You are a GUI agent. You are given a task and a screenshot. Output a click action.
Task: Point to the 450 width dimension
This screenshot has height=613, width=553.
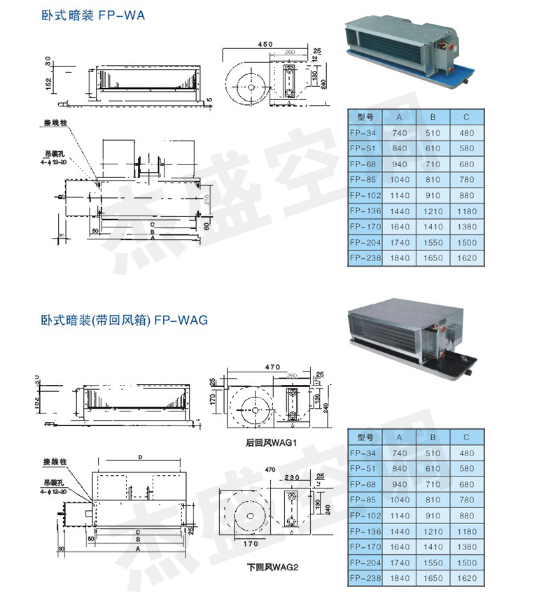pyautogui.click(x=265, y=45)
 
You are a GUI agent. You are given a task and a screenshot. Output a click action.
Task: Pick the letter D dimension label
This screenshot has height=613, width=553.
pyautogui.click(x=141, y=457)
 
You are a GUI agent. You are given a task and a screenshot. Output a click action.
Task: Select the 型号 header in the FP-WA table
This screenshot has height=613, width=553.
pyautogui.click(x=365, y=118)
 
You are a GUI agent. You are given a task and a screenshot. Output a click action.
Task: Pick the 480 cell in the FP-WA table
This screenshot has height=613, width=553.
pyautogui.click(x=467, y=133)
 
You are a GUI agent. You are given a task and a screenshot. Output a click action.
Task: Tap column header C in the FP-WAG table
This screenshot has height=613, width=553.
pyautogui.click(x=467, y=437)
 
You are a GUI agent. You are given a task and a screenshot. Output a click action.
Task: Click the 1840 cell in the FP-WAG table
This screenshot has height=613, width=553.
pyautogui.click(x=400, y=578)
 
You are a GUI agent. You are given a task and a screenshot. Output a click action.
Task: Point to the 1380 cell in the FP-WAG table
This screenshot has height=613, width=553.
pyautogui.click(x=467, y=547)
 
